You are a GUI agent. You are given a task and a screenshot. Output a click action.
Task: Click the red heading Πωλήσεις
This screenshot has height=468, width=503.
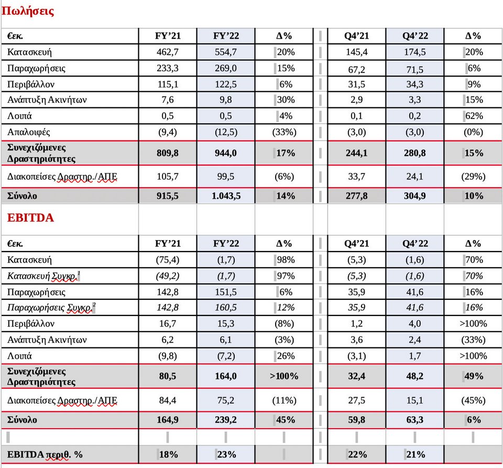pyautogui.click(x=28, y=11)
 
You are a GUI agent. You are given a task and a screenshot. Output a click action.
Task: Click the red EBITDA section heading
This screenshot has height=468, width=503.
pyautogui.click(x=30, y=218)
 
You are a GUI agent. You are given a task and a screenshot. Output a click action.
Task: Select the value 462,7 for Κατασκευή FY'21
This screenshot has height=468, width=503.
pyautogui.click(x=168, y=52)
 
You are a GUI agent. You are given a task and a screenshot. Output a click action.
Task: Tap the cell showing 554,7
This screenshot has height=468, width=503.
pyautogui.click(x=225, y=52)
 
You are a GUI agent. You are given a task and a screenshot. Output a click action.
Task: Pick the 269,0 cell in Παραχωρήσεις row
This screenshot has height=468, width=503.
pyautogui.click(x=225, y=68)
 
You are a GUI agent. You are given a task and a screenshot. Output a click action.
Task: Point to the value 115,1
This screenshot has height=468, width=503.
pyautogui.click(x=168, y=84)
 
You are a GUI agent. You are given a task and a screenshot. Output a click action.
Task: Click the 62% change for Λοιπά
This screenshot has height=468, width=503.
pyautogui.click(x=474, y=116)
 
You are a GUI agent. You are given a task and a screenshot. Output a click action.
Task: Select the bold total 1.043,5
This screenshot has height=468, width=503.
pyautogui.click(x=226, y=195)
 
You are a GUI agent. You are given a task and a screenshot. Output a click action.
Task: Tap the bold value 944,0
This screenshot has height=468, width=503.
pyautogui.click(x=225, y=153)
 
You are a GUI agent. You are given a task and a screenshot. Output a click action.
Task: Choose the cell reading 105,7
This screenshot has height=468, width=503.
pyautogui.click(x=168, y=177)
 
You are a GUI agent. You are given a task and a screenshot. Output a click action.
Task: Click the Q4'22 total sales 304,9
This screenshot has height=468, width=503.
pyautogui.click(x=415, y=195)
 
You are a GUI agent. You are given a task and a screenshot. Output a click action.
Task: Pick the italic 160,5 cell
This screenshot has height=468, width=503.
pyautogui.click(x=225, y=307)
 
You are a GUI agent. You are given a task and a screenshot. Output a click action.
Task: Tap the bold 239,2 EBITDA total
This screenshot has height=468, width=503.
pyautogui.click(x=225, y=420)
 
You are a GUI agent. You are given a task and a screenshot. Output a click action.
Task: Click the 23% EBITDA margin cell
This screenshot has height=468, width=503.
pyautogui.click(x=226, y=454)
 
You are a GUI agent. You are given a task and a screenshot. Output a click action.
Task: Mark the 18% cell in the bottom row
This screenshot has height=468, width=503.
pyautogui.click(x=168, y=454)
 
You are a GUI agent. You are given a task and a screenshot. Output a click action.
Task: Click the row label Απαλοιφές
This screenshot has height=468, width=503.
pyautogui.click(x=28, y=132)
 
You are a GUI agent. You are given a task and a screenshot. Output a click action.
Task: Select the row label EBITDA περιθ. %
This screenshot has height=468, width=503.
pyautogui.click(x=45, y=454)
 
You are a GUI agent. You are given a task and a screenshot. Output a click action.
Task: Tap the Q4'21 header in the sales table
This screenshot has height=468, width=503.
pyautogui.click(x=356, y=36)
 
